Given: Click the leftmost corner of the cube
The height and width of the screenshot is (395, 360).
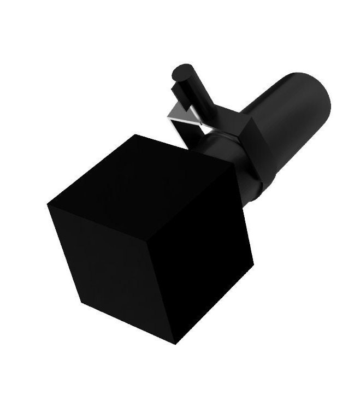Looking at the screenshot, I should (x=48, y=203).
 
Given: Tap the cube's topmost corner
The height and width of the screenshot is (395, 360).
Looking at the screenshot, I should (x=135, y=134).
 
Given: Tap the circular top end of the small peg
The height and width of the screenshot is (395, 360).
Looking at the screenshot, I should (x=182, y=72).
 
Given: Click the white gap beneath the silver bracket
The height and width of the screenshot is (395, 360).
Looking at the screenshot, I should (x=186, y=131).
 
